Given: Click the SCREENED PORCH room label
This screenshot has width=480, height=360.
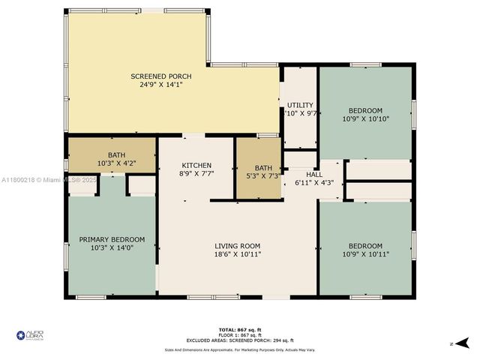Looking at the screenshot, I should [x=160, y=76].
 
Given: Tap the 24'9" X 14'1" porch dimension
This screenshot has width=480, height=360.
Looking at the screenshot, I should [x=160, y=85].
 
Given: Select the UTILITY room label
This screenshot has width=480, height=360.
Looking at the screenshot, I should [x=300, y=105].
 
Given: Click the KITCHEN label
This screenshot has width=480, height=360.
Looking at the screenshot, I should [x=196, y=165].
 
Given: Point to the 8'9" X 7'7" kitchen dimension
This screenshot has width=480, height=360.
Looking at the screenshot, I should [x=196, y=173].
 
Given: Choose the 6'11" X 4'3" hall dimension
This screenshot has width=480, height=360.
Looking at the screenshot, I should [x=313, y=182].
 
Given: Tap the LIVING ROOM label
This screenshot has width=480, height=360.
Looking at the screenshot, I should [x=237, y=246].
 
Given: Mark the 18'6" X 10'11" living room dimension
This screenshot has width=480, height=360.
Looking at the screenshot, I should [x=237, y=254].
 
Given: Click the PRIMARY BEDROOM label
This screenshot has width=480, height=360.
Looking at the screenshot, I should [x=112, y=240].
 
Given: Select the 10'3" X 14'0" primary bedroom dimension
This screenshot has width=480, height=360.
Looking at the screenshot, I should [x=112, y=248].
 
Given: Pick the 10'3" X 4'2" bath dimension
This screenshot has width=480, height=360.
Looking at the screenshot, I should [x=111, y=163].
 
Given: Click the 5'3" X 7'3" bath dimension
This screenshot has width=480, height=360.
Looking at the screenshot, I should [x=262, y=176].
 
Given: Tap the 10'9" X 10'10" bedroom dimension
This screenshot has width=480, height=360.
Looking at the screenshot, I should [x=365, y=118].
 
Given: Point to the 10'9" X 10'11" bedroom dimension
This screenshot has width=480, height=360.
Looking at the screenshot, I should [x=365, y=254].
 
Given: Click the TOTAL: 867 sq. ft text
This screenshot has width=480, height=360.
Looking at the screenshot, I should [x=240, y=329].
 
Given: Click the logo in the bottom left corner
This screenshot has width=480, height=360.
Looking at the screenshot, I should [x=30, y=337].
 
